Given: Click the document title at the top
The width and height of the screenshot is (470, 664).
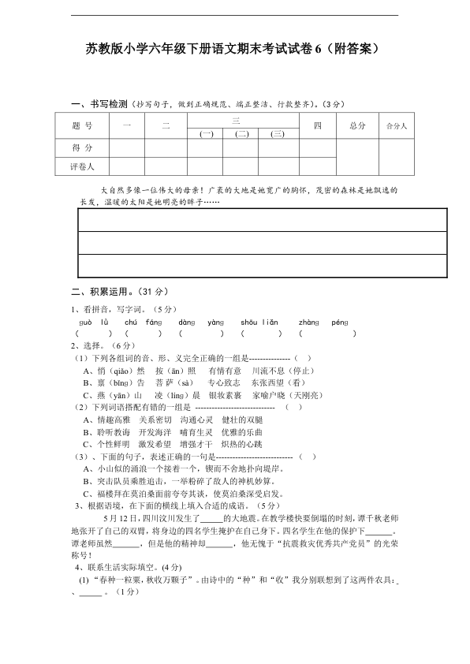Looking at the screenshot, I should click(x=233, y=49).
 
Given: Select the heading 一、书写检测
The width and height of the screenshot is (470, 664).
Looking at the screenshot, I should click(x=99, y=104).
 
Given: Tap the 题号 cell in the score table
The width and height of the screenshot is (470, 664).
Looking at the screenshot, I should click(x=82, y=125).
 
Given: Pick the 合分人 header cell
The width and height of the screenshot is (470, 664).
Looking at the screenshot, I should click(x=396, y=125).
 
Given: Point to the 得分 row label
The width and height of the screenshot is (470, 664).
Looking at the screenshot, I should click(x=82, y=147).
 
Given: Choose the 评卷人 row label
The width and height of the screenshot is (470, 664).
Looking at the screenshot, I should click(x=82, y=166).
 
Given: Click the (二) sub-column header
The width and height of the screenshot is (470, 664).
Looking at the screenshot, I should click(x=241, y=134).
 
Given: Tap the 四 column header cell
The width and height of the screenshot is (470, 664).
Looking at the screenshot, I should click(x=317, y=125).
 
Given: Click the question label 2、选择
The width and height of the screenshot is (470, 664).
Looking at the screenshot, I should click(x=91, y=345).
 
